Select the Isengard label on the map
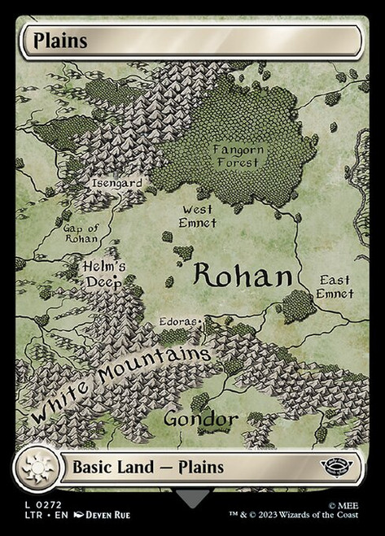tap(116, 183)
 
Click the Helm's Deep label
tap(103, 274)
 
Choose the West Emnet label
tap(198, 216)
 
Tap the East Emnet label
tap(335, 286)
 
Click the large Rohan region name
tap(242, 277)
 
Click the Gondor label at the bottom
tap(200, 419)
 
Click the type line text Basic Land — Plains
tap(148, 468)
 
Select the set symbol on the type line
tap(334, 468)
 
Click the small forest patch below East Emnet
tap(299, 306)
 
